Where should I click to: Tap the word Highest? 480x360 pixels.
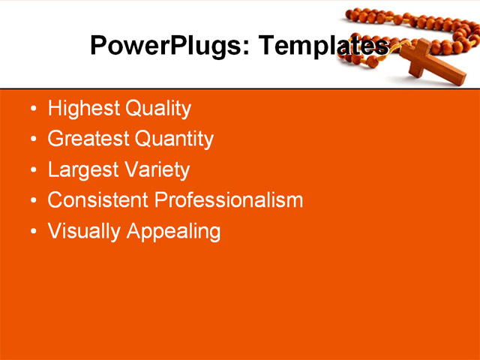(x=84, y=109)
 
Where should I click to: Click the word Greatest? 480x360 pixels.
(x=88, y=139)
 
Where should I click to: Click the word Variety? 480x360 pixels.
(x=156, y=170)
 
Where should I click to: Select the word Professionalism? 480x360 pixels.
(x=228, y=200)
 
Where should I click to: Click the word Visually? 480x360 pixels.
(x=84, y=231)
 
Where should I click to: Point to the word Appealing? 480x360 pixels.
(x=173, y=232)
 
